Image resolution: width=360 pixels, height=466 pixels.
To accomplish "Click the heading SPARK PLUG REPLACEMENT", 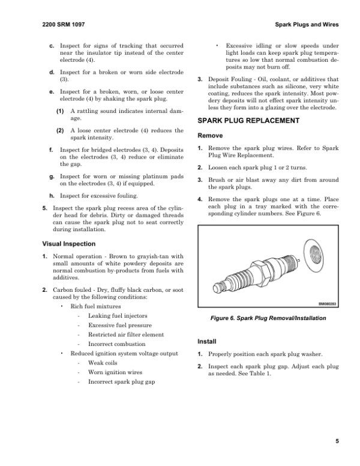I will coord(248,121).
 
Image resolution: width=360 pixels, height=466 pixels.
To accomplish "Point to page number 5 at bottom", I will coord(337,441).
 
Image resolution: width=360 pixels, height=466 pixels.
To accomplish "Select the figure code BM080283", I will coord(325,304).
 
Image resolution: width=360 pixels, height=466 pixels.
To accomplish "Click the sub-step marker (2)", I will coord(61,130).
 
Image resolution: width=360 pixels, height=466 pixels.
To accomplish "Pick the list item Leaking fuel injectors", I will coord(118,315).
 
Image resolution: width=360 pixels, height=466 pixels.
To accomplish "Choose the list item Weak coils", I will coord(103,363).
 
